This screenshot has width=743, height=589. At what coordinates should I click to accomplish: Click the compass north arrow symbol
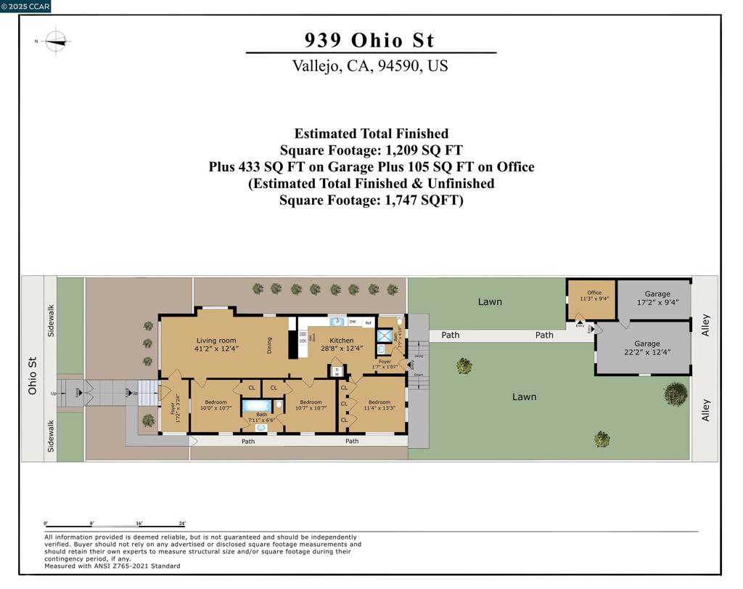(56, 41)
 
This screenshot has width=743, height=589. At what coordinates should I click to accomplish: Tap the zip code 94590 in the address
(398, 66)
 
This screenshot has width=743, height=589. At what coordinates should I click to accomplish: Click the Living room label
(216, 340)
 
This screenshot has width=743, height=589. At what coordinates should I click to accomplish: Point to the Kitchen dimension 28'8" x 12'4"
(341, 349)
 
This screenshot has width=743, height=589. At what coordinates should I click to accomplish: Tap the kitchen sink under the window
(337, 322)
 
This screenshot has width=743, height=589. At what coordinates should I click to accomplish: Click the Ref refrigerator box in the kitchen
(368, 322)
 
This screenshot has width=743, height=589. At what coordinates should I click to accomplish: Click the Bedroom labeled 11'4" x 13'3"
(379, 402)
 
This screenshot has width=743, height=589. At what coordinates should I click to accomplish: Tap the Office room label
(594, 293)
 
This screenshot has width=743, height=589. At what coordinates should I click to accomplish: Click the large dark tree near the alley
(676, 394)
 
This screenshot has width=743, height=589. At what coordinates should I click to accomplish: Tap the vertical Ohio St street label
(33, 375)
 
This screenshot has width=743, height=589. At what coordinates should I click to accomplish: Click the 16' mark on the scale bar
(139, 524)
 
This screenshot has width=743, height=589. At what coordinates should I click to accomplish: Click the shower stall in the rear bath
(382, 336)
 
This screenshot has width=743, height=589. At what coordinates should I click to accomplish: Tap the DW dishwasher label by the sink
(353, 322)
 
